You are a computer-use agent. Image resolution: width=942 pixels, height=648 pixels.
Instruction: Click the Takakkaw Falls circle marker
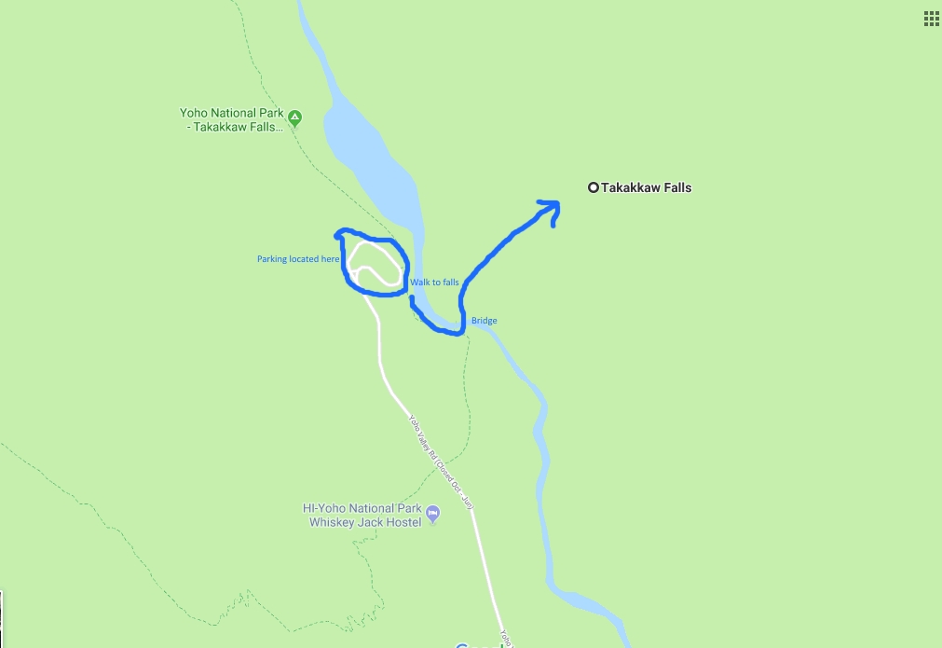click(593, 187)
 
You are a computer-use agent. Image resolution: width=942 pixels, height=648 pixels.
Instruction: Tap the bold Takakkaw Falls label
click(646, 187)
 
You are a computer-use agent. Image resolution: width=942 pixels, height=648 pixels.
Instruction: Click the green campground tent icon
click(294, 117)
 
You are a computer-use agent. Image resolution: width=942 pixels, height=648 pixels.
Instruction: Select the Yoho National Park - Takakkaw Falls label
click(231, 120)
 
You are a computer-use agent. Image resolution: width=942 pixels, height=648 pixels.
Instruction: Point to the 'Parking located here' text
click(298, 259)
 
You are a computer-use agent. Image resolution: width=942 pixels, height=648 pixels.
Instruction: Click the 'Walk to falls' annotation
click(434, 282)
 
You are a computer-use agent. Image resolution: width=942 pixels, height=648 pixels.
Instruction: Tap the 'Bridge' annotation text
click(484, 321)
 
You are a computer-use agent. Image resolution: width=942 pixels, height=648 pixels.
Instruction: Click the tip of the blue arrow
click(556, 203)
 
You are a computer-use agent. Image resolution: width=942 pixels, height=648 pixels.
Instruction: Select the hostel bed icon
click(432, 513)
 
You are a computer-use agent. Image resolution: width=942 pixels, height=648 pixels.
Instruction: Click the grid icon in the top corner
click(931, 18)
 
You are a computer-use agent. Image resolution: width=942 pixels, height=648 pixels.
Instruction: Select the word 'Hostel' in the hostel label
click(403, 522)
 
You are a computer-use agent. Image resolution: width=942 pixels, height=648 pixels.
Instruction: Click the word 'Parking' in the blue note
click(272, 259)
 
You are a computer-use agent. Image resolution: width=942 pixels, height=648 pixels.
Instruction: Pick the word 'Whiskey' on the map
click(332, 522)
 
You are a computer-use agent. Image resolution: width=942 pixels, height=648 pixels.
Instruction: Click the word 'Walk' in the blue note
click(419, 282)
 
